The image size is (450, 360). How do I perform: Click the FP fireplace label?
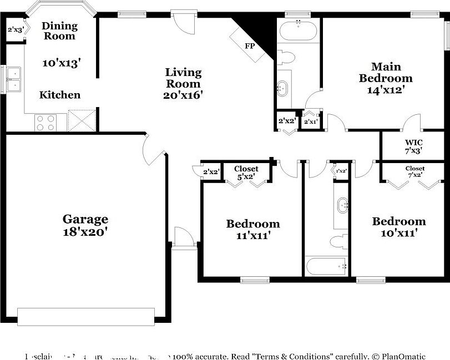(x=250, y=45)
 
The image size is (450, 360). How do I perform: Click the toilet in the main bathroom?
(x=286, y=57)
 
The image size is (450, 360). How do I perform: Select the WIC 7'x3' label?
(x=413, y=146)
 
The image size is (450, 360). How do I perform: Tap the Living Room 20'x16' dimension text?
(x=184, y=95)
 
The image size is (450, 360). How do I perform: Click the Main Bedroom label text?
(x=386, y=73)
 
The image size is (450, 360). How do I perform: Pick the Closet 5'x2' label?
(x=246, y=173)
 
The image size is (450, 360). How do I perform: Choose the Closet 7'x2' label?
(x=414, y=171)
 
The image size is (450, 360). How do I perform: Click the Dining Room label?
(x=59, y=31)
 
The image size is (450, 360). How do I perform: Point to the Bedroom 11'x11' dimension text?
(x=252, y=235)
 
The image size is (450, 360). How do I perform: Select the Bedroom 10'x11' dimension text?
(x=398, y=233)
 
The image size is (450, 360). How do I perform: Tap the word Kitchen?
(x=60, y=95)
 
